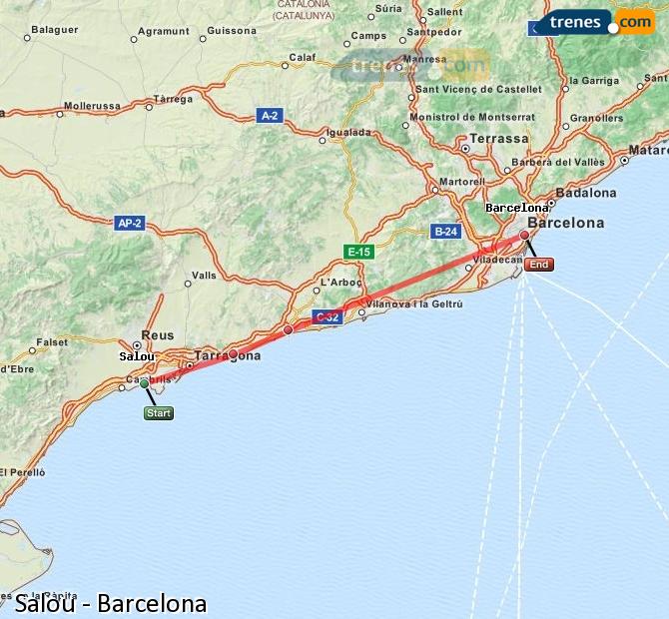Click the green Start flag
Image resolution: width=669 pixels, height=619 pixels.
click(158, 413)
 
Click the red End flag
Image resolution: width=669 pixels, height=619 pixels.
click(538, 265)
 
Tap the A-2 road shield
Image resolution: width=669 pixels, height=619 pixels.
click(270, 116)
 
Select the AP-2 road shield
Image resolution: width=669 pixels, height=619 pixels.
click(130, 224)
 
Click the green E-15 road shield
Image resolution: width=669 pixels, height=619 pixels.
click(357, 252)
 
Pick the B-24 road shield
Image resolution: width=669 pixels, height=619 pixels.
click(445, 232)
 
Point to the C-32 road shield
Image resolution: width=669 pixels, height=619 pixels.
click(327, 317)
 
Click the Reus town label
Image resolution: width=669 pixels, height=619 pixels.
click(158, 335)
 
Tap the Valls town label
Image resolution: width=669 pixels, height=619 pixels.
click(204, 276)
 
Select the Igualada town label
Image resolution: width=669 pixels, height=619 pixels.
click(348, 132)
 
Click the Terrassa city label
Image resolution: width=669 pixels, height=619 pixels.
click(499, 139)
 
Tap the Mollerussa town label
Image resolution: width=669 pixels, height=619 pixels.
click(91, 105)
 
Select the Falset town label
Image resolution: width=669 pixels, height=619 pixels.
click(52, 342)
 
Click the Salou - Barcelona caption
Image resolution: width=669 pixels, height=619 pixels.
click(111, 603)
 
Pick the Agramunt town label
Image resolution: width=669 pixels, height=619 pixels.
click(164, 31)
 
